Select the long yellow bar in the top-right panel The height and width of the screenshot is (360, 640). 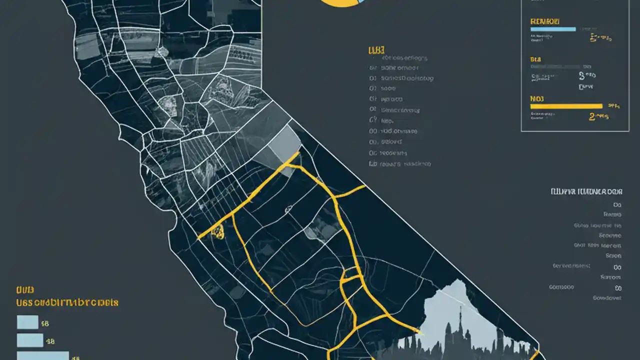coord(566,106)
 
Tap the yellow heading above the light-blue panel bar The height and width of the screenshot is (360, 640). coord(544,21)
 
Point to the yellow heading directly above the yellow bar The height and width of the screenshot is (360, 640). coord(537,98)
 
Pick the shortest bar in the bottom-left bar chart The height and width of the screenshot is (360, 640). coord(27,322)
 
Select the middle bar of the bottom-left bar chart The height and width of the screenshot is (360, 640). coord(30,340)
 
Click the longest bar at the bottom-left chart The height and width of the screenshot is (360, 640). coord(42,356)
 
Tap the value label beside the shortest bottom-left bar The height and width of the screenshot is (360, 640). coord(45,324)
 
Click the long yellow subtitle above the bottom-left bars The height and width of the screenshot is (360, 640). coord(67,302)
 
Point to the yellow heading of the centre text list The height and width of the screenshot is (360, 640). coord(376,50)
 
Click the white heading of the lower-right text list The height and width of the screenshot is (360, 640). coord(586,191)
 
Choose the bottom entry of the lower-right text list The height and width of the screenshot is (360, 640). coord(606,297)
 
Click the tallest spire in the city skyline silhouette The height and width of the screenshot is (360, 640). coord(460,320)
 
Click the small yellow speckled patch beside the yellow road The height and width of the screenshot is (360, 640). coord(217,231)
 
